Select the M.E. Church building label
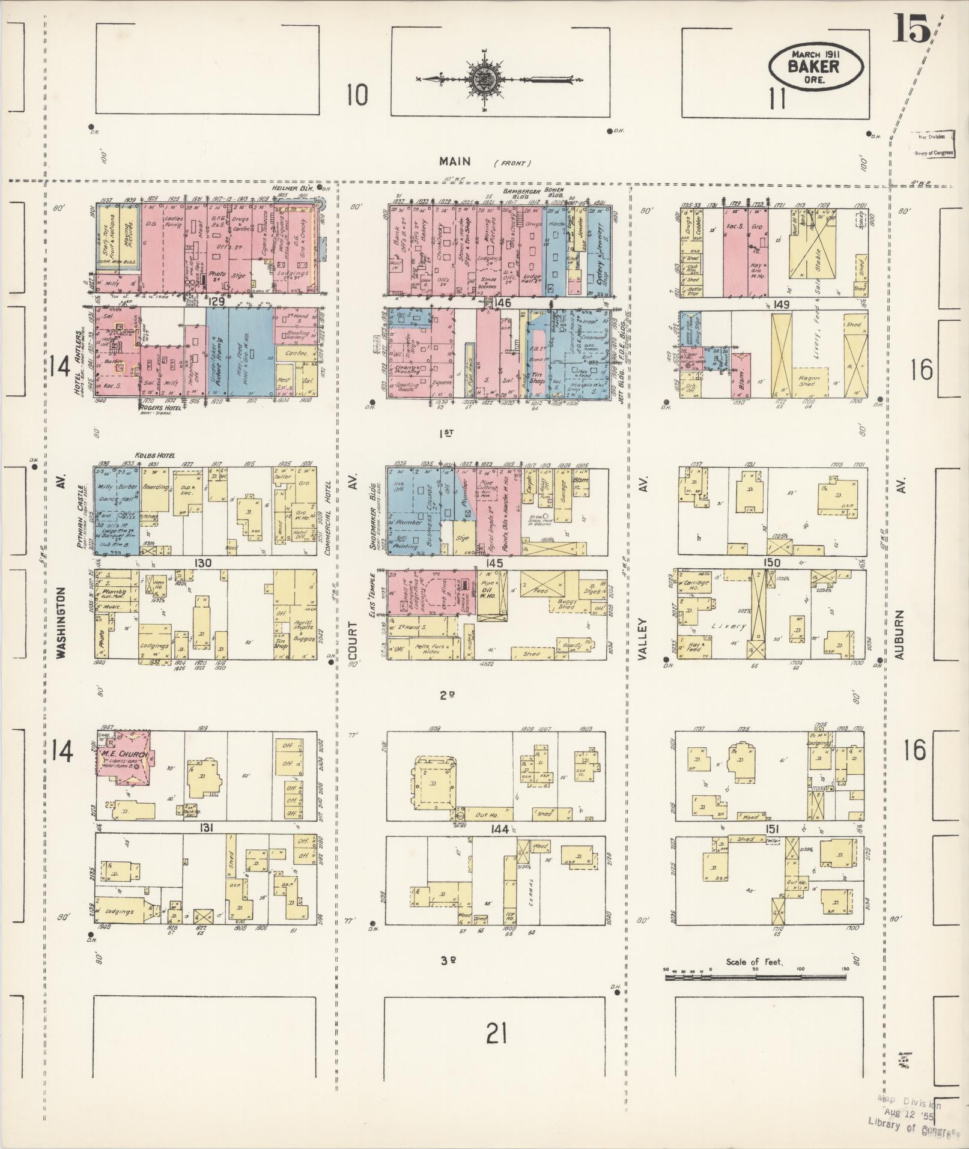[x=121, y=754]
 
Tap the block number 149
[x=782, y=304]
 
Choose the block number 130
[x=204, y=563]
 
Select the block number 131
[x=208, y=828]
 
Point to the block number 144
[x=499, y=829]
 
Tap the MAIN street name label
[x=455, y=161]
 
